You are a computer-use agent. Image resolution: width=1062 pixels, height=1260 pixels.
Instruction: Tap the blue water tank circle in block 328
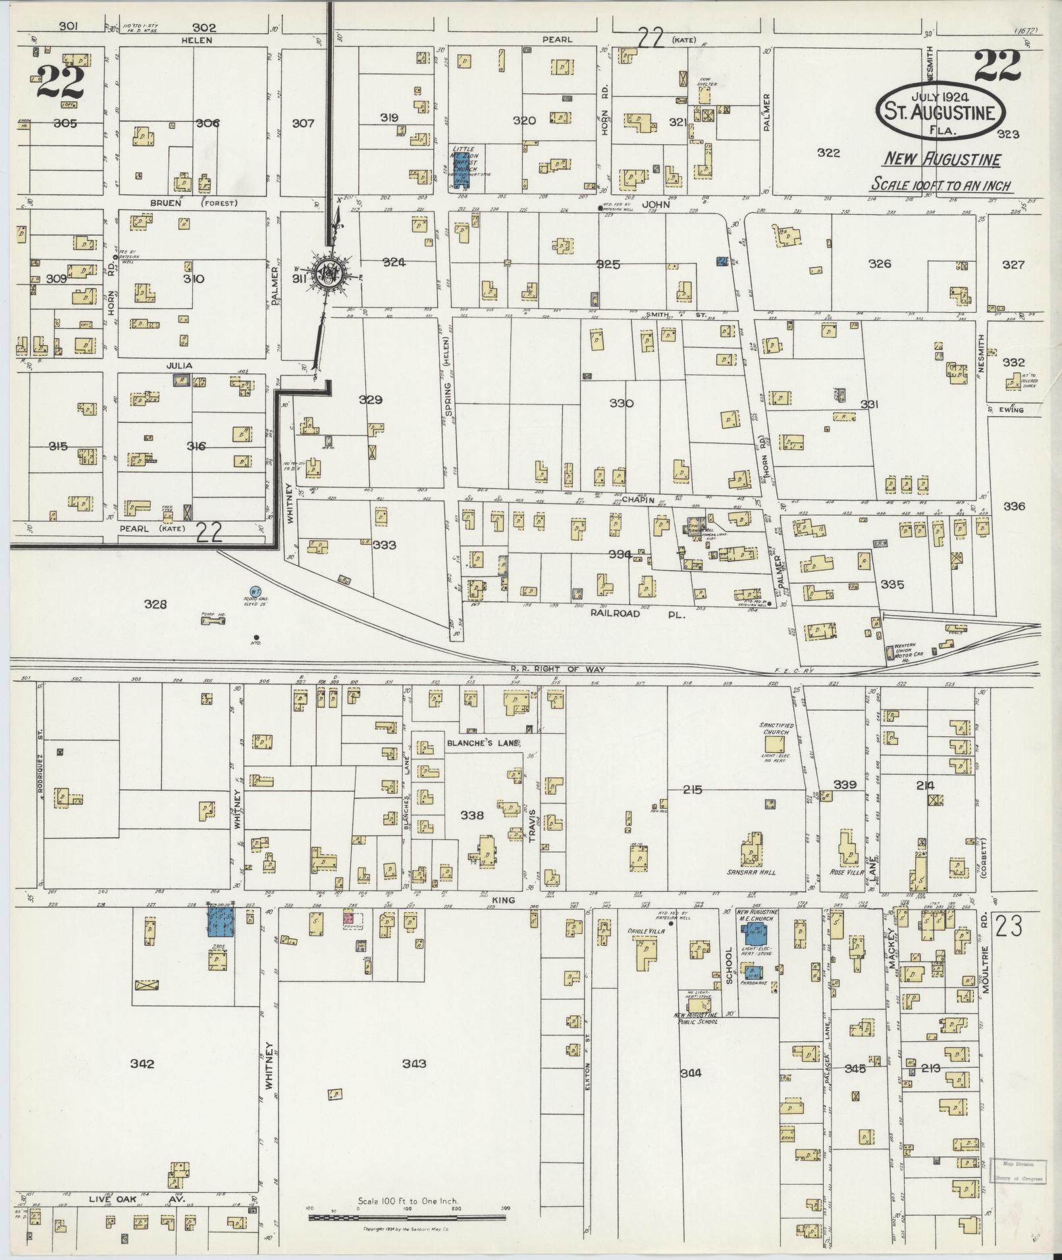pyautogui.click(x=254, y=592)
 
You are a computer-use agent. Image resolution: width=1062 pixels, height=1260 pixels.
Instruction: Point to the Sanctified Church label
pyautogui.click(x=777, y=728)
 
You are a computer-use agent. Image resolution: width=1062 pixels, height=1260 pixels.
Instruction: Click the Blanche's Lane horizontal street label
pyautogui.click(x=483, y=742)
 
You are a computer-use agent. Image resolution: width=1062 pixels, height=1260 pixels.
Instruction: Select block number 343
pyautogui.click(x=414, y=1063)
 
